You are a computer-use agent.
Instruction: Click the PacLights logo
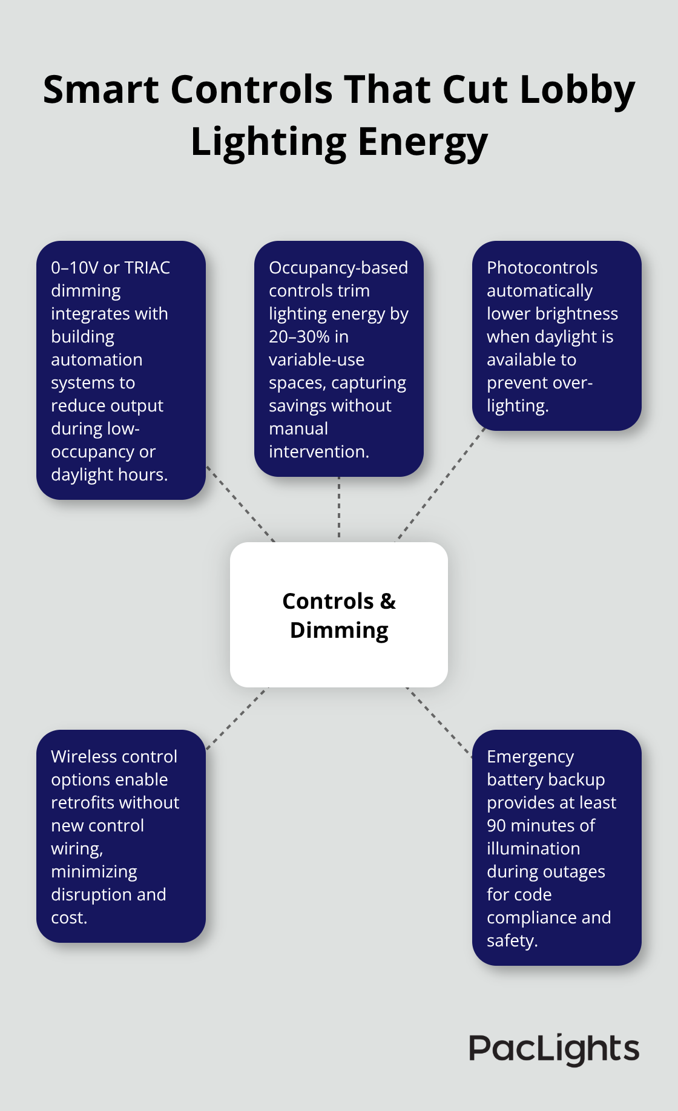pyautogui.click(x=553, y=1049)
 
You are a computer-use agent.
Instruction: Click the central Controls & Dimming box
pyautogui.click(x=339, y=615)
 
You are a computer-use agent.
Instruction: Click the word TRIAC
pyautogui.click(x=147, y=268)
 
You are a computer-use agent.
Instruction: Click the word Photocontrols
pyautogui.click(x=542, y=268)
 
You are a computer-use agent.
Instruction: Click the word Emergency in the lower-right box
pyautogui.click(x=530, y=757)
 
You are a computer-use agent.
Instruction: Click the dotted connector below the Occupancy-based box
pyautogui.click(x=339, y=508)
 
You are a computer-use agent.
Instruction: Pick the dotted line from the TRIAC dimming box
pyautogui.click(x=241, y=504)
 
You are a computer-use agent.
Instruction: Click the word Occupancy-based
pyautogui.click(x=338, y=268)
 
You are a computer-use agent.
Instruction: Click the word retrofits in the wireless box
pyautogui.click(x=88, y=803)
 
